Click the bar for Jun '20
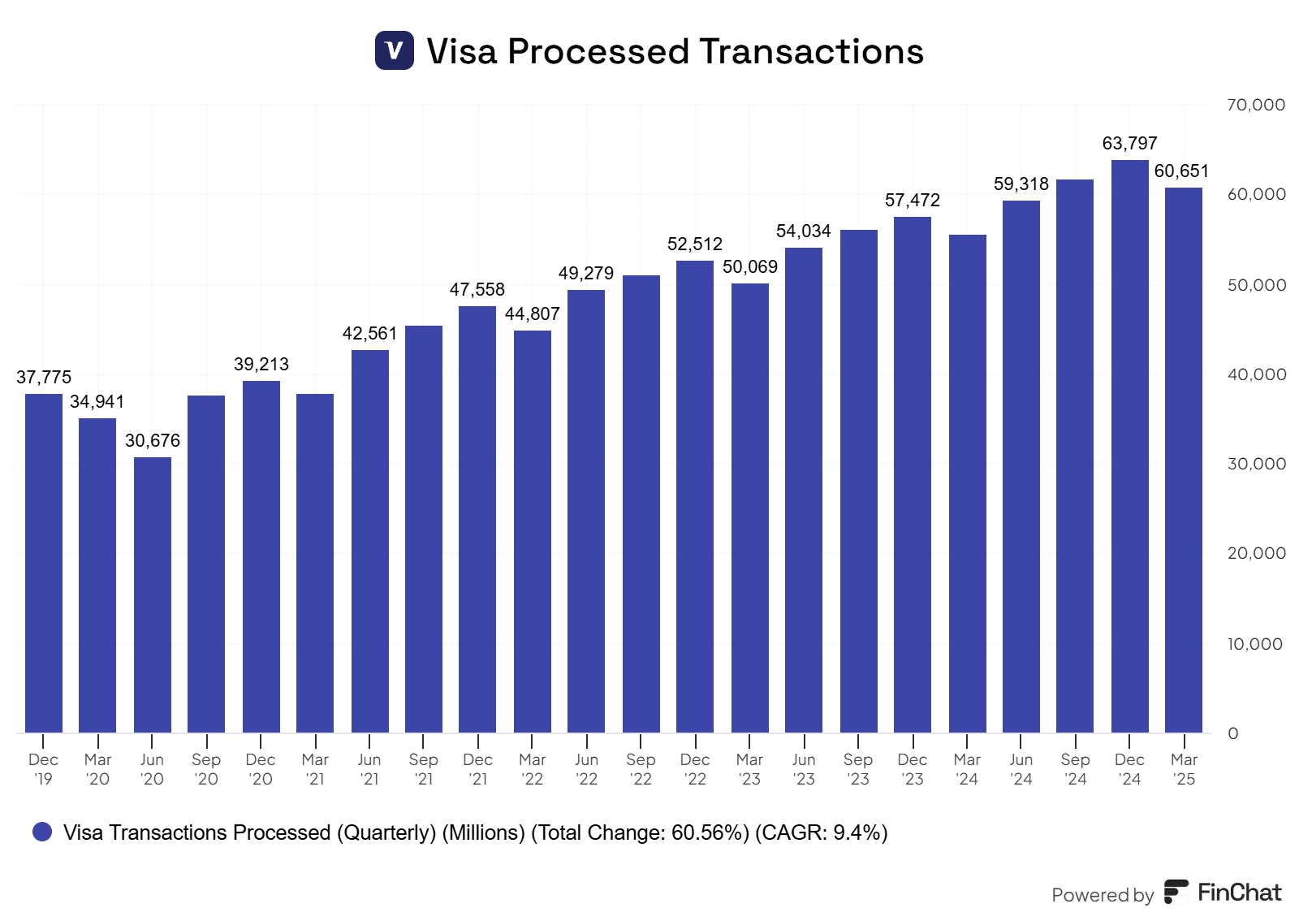click(153, 595)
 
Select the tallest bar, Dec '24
click(1129, 447)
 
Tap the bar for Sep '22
click(641, 504)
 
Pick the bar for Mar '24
click(967, 484)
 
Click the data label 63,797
click(1129, 144)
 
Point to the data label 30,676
click(153, 441)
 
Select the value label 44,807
click(532, 314)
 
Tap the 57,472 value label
click(912, 201)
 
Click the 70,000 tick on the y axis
click(1256, 105)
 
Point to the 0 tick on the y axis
click(1233, 733)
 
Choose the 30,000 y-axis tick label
click(1256, 464)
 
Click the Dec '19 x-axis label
click(43, 769)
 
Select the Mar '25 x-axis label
click(1184, 769)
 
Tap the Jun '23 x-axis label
click(804, 769)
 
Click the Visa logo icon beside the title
click(395, 50)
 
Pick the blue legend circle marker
click(42, 832)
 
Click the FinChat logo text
click(1239, 893)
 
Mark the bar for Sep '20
click(206, 564)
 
